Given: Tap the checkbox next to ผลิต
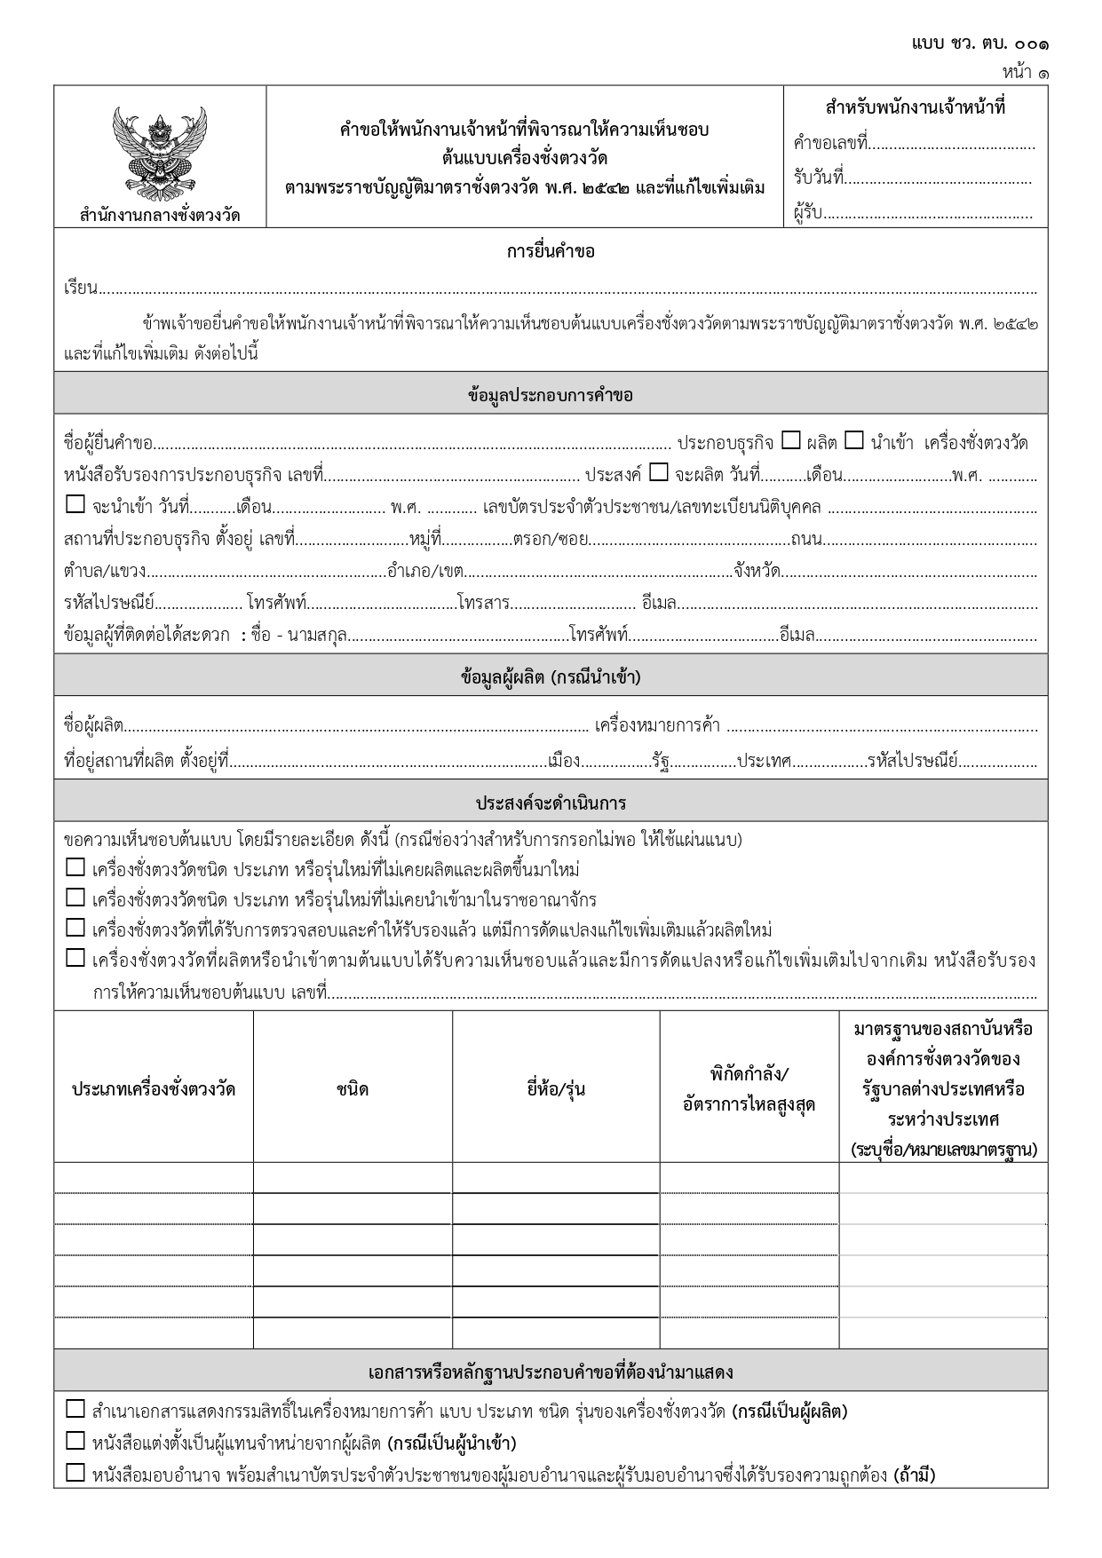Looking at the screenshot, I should (791, 440).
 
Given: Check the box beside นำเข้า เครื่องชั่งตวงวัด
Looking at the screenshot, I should (853, 440).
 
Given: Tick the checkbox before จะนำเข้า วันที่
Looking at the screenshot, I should (75, 505).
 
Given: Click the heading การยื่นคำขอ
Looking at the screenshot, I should (551, 251).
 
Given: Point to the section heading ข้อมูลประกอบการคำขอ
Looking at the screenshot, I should (551, 395).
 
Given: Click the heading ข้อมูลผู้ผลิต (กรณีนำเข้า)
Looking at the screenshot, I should (551, 677).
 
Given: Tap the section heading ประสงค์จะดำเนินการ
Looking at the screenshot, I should (551, 803).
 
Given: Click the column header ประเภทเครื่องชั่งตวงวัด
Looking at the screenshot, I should (154, 1089).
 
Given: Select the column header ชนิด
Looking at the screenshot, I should (353, 1089).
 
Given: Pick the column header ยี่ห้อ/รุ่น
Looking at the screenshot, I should (556, 1089).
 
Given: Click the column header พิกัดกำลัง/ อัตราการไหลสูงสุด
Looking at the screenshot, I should (749, 1089).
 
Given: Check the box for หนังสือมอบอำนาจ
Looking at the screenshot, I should (75, 1474).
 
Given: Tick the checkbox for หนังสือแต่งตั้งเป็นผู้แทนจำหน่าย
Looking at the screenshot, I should (75, 1442).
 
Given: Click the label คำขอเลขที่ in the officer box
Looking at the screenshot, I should (830, 143).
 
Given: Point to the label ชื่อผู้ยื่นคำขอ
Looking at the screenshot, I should (109, 443).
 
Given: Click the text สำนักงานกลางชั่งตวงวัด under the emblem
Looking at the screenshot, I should (160, 214).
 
